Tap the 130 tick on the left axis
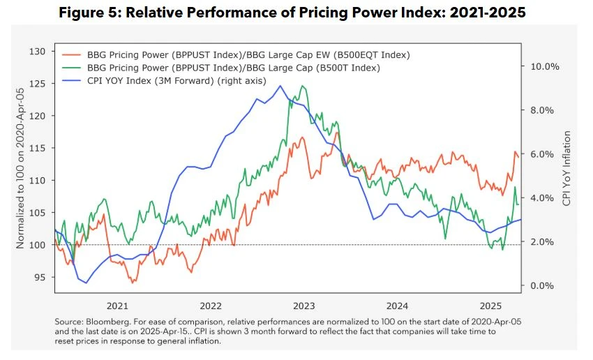[37, 52]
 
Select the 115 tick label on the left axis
[37, 148]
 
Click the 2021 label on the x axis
[117, 306]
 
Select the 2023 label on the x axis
[303, 306]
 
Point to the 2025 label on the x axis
[490, 306]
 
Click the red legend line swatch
[71, 55]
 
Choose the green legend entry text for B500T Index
[233, 68]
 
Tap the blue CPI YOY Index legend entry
[177, 81]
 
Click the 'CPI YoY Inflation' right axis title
[566, 168]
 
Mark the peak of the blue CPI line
[280, 85]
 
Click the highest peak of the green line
[302, 86]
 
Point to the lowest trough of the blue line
[87, 283]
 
